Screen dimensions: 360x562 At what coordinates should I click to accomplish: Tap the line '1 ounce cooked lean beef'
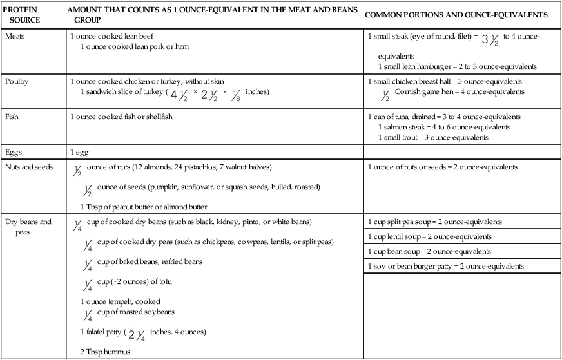pos(111,36)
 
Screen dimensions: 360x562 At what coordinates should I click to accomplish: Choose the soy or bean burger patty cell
pos(445,266)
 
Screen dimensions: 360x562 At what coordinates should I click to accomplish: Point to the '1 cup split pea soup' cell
pos(434,222)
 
